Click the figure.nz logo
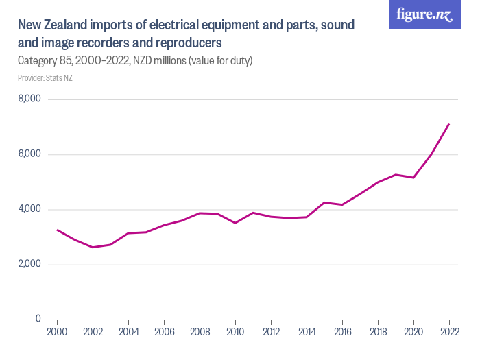coord(424,14)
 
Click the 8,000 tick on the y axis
coord(29,99)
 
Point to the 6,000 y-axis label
coord(29,154)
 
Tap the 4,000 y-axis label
coord(29,209)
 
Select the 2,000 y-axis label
coord(29,264)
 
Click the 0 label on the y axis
coord(38,319)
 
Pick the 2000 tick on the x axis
coord(57,332)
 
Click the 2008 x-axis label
coord(200,332)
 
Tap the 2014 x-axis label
coord(307,332)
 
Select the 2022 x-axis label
coord(449,332)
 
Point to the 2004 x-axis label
coord(128,332)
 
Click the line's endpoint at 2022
coord(449,124)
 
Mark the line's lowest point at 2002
coord(93,247)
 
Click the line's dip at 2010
coord(235,223)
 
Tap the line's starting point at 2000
coord(57,230)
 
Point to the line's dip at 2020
coord(413,178)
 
